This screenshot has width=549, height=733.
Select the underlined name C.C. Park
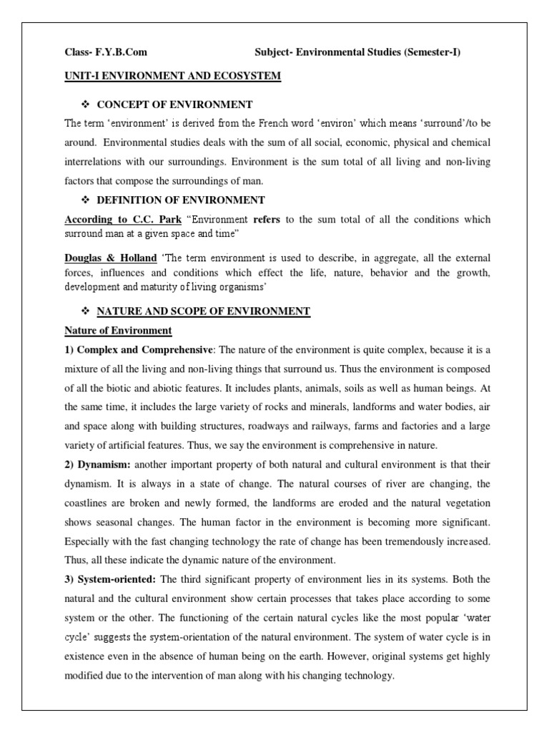pos(151,219)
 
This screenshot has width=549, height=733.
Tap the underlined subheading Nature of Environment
pos(118,331)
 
